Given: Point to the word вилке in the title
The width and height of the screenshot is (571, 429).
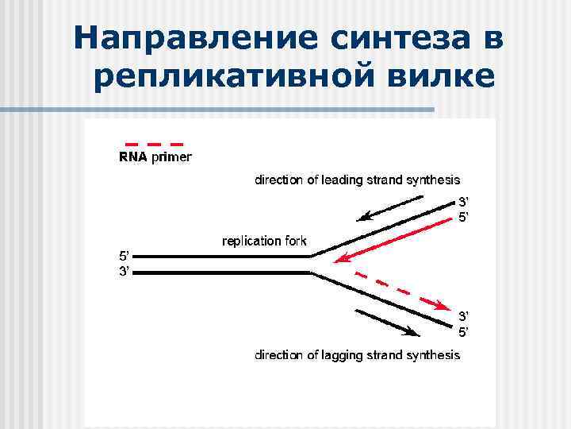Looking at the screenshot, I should [x=441, y=77].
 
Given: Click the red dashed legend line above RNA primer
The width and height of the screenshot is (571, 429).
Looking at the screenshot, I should [x=154, y=144].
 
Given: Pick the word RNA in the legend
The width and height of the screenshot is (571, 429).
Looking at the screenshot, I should [x=132, y=157].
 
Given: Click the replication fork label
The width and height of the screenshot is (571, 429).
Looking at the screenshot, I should [x=263, y=241].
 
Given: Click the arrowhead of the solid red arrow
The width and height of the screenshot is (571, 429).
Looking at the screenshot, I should [x=340, y=260].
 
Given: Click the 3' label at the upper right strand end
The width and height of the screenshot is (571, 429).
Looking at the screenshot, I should [x=463, y=202].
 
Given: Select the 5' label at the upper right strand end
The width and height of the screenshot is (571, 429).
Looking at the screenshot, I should [x=463, y=216].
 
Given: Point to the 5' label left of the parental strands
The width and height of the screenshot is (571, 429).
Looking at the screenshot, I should [x=125, y=257].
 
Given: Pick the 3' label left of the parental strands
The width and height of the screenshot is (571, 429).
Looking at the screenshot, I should [x=125, y=272].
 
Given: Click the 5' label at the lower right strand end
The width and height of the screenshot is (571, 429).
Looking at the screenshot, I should [x=463, y=331].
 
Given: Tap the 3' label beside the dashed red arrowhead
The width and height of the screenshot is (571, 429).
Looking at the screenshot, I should [x=463, y=316].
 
